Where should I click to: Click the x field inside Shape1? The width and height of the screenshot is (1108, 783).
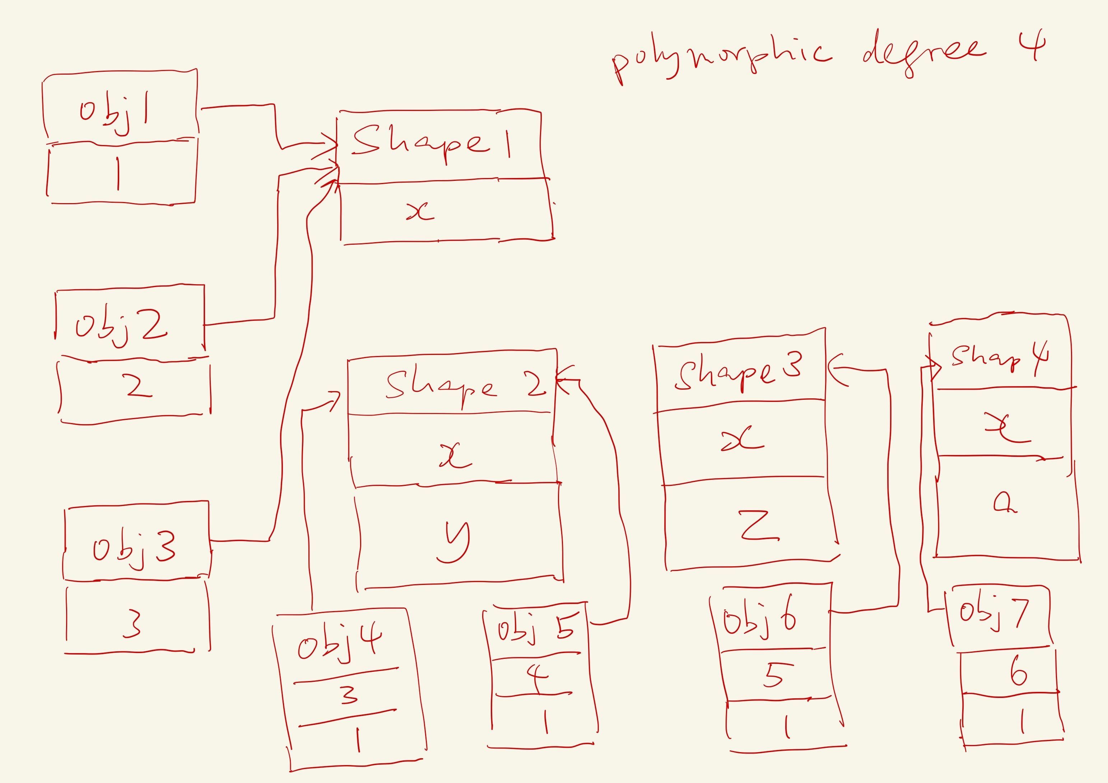(420, 211)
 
